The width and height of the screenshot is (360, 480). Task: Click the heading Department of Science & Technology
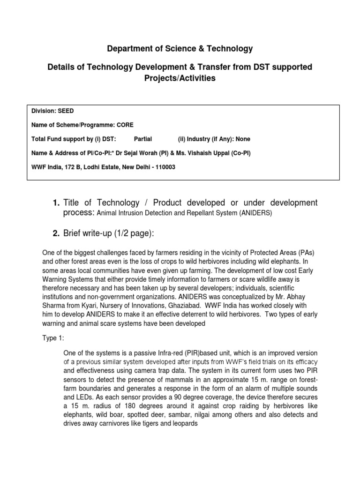(180, 48)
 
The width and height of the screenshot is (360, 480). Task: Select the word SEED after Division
(66, 111)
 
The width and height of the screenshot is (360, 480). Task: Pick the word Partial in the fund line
(143, 139)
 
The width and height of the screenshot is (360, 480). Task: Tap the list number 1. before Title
(56, 203)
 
